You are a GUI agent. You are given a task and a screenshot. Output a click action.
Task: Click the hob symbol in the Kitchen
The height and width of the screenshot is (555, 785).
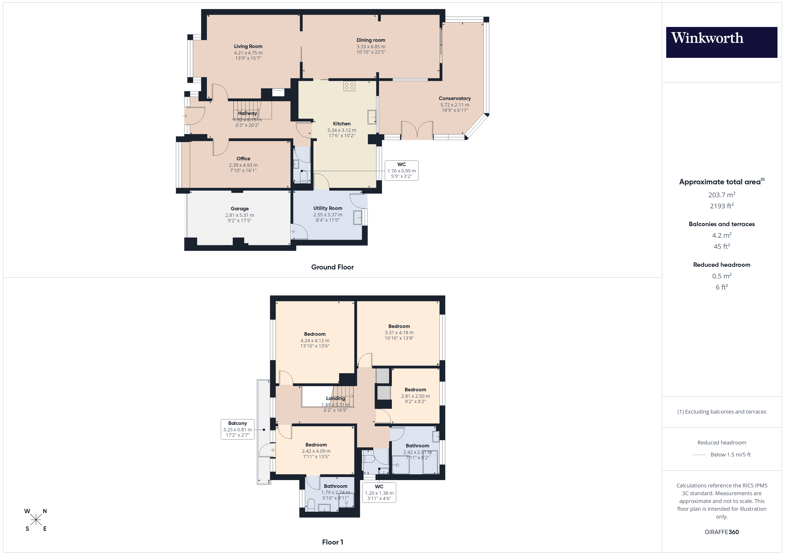[349, 86]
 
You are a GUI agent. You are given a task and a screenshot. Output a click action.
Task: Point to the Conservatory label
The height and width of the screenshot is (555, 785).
[454, 99]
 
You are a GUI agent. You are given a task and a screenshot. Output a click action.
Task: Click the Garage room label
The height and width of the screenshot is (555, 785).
[239, 209]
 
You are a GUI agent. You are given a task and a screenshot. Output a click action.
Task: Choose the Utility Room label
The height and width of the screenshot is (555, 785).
[328, 208]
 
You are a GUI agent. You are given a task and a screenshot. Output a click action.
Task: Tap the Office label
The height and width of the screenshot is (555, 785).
[243, 159]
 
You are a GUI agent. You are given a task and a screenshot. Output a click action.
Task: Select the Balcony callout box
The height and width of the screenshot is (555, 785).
[237, 429]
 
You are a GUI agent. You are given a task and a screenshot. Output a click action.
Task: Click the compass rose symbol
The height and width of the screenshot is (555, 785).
[36, 520]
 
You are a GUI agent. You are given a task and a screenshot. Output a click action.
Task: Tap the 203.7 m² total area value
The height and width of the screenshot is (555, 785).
[721, 195]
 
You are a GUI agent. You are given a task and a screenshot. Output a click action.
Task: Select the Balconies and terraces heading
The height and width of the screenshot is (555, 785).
[721, 224]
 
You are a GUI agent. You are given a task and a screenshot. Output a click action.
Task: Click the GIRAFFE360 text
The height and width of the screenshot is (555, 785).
[721, 532]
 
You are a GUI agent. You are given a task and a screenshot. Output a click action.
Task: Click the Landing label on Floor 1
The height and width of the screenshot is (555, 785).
[335, 398]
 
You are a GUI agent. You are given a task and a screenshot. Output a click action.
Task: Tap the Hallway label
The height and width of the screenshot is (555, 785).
[247, 113]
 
